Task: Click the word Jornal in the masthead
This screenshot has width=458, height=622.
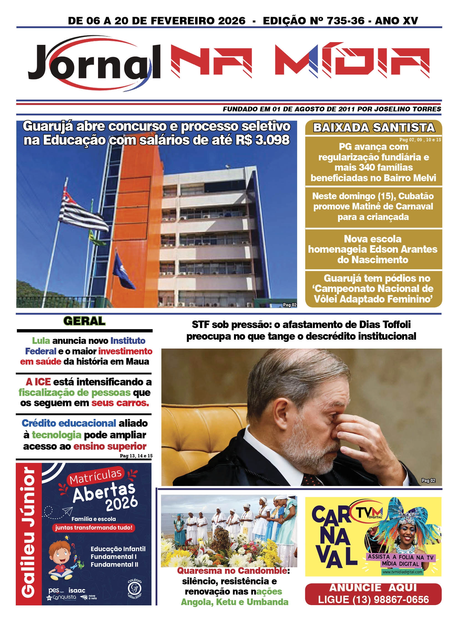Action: tap(94, 62)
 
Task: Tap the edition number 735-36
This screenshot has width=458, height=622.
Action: tap(346, 21)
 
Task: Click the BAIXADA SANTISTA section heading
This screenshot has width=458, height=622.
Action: tap(374, 128)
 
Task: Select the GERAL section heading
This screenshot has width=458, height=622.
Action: tap(84, 321)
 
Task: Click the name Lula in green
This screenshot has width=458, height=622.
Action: tap(41, 341)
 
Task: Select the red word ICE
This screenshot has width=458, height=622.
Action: tap(42, 382)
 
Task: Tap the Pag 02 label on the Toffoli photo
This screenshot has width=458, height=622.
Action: tap(428, 480)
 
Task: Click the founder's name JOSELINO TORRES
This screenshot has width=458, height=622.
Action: tap(408, 109)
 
